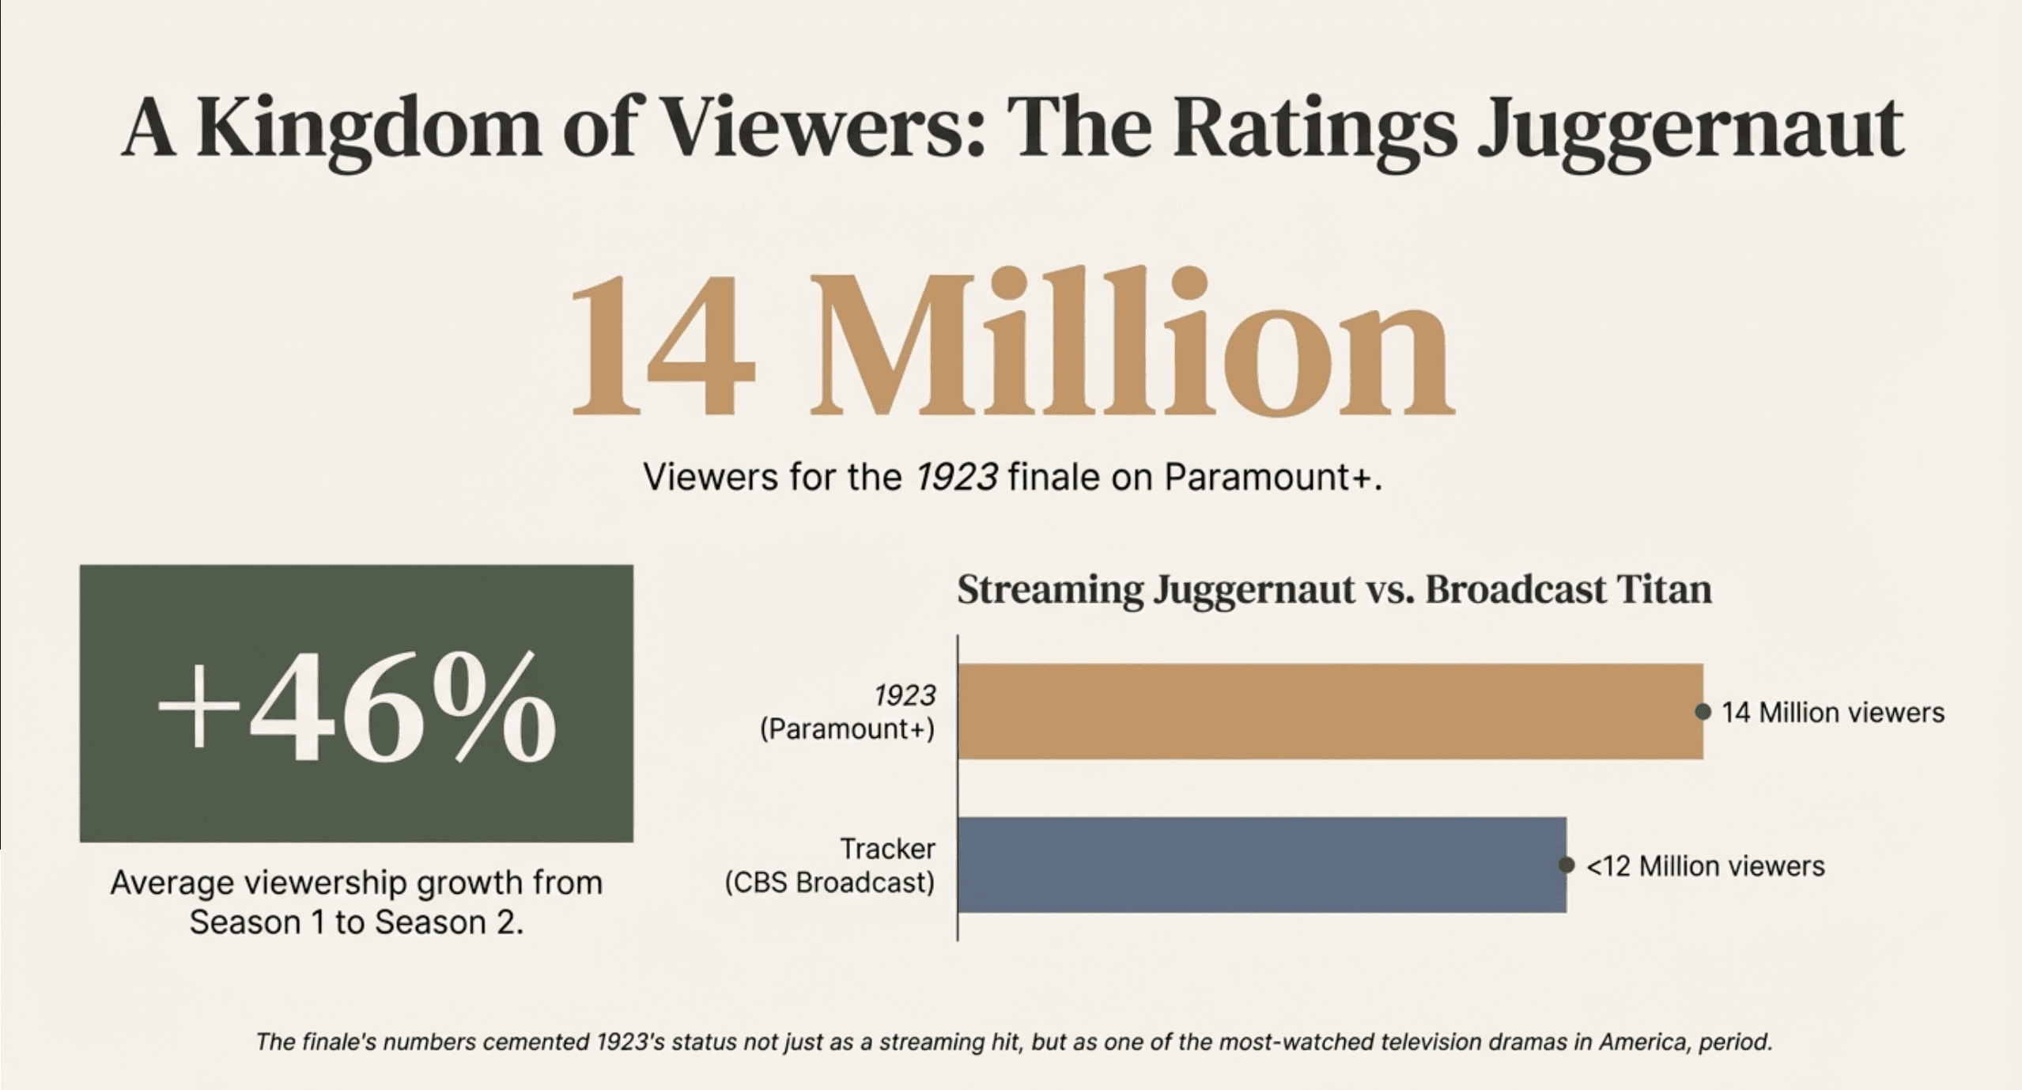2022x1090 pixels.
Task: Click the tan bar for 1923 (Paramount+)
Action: click(x=1328, y=711)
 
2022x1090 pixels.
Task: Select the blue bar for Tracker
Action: click(x=1261, y=865)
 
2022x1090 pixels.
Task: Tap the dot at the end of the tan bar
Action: click(x=1703, y=712)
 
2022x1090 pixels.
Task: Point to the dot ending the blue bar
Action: click(x=1566, y=865)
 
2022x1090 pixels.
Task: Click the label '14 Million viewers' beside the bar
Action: click(x=1832, y=713)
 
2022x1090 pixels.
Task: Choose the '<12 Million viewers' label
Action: click(x=1705, y=866)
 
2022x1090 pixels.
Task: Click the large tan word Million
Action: click(x=1131, y=344)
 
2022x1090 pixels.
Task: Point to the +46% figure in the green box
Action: click(x=356, y=706)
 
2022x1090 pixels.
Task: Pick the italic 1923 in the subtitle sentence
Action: click(x=955, y=477)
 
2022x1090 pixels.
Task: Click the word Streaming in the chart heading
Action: click(x=1049, y=591)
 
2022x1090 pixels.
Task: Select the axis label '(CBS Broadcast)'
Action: click(x=830, y=882)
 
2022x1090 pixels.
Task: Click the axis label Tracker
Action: click(x=887, y=849)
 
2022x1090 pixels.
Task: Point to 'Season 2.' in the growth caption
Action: click(x=448, y=922)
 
